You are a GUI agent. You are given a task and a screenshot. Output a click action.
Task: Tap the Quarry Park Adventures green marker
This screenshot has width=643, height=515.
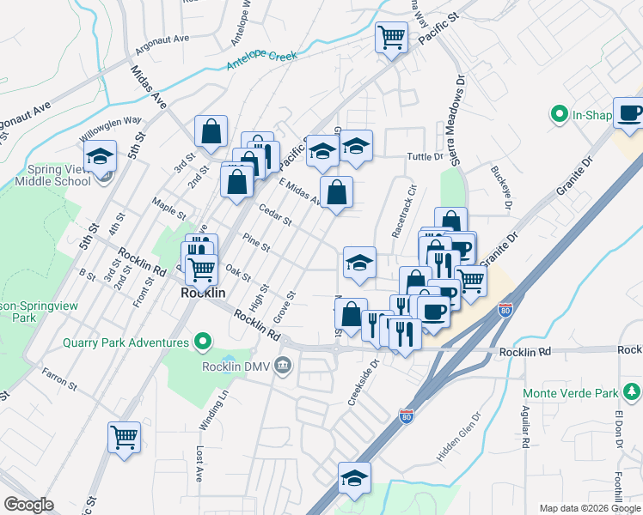[204, 342]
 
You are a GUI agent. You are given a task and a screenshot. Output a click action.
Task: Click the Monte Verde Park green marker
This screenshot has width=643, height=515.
[633, 393]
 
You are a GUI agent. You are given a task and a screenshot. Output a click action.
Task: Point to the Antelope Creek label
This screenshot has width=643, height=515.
[261, 61]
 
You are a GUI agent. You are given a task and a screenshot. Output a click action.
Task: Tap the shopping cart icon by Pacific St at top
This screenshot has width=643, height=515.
[391, 38]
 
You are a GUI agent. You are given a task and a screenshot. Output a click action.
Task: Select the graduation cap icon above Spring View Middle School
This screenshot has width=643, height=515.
[101, 156]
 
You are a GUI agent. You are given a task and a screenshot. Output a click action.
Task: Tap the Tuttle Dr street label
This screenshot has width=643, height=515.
[424, 157]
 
